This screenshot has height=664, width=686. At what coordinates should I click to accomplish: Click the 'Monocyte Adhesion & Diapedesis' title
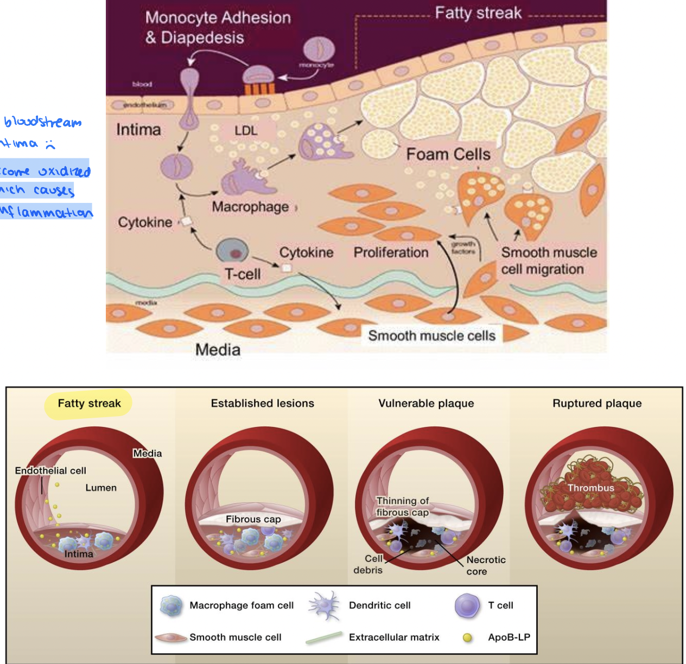point(218,27)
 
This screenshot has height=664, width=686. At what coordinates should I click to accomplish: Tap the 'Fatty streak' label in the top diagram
point(478,13)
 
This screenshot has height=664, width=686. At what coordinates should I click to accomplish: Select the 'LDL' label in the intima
point(246,131)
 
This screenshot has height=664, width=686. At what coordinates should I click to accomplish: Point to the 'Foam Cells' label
point(448,155)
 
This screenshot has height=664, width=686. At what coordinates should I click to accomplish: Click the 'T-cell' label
point(243,274)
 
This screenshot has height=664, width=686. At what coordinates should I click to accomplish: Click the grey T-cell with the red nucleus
point(233,251)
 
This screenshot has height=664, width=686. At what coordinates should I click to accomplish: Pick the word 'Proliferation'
point(391,253)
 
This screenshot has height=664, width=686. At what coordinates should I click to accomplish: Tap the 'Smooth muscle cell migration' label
point(548,261)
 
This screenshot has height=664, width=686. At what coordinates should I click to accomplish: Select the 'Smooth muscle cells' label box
point(431,336)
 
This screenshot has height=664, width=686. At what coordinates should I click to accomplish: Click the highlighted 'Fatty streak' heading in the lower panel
point(89,404)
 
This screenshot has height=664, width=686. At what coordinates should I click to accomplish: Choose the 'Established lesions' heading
point(262,404)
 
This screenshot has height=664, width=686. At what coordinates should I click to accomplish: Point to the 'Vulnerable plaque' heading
point(426,404)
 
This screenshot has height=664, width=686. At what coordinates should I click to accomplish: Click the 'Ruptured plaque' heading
point(597,404)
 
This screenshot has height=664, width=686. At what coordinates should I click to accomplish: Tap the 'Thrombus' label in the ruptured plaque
point(590,488)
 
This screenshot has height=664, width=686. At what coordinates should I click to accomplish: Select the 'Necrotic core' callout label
point(486,565)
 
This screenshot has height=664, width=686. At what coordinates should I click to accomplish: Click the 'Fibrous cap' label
point(253,519)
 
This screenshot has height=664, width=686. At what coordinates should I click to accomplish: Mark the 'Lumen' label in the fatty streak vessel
point(101,488)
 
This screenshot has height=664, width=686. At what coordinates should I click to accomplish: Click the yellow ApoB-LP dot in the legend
point(467,637)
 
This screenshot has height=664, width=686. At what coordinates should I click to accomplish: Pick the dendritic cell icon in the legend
point(324,605)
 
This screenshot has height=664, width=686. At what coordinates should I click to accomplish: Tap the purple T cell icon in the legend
point(467,605)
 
